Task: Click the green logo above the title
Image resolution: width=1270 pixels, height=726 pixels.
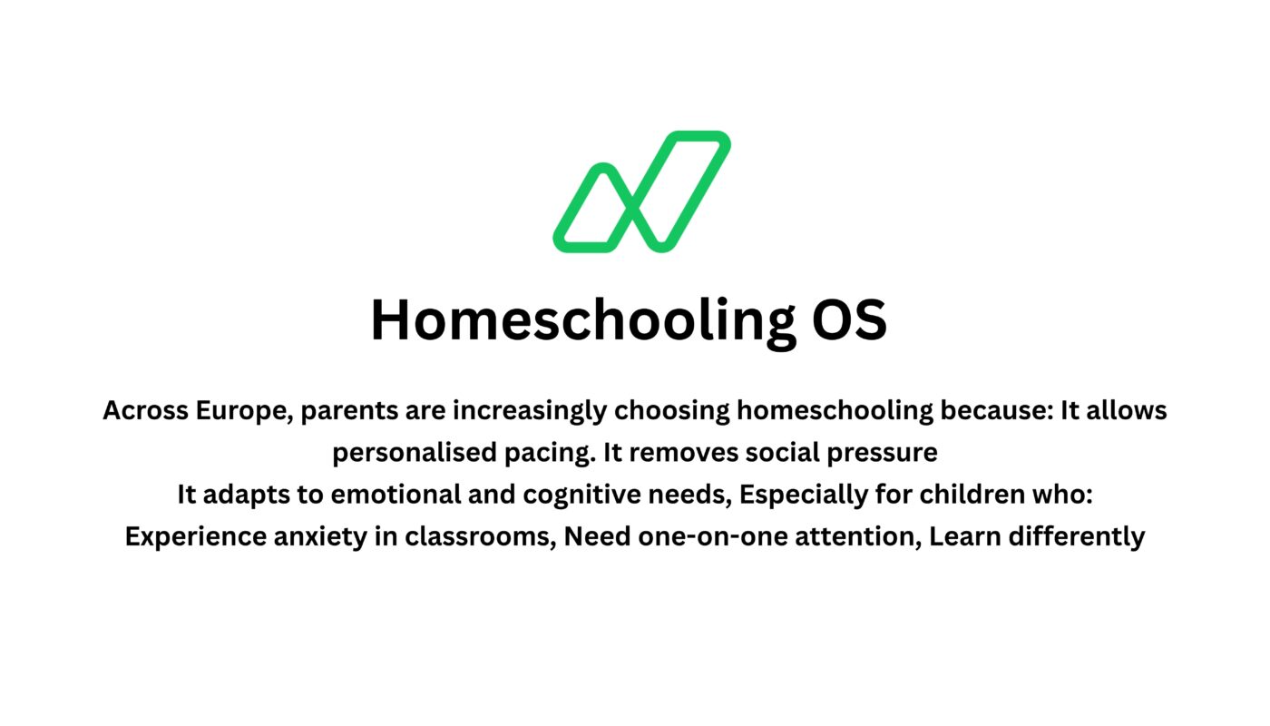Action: (641, 192)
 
